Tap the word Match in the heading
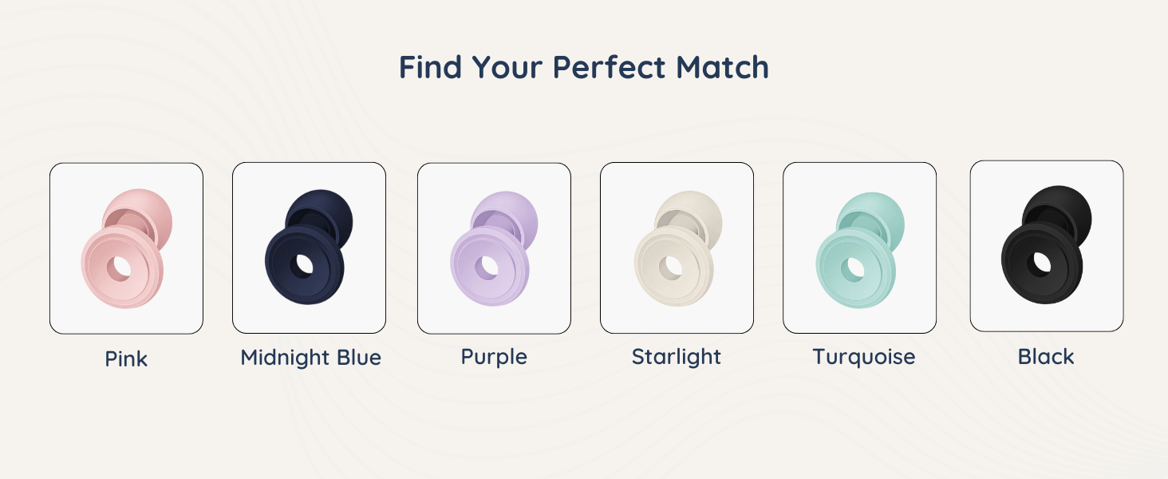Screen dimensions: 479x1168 [723, 68]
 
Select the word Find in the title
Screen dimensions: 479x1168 [431, 68]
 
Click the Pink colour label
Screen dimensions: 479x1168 [126, 358]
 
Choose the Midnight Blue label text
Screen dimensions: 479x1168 [310, 357]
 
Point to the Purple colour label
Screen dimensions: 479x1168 [494, 356]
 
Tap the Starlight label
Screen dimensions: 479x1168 [677, 356]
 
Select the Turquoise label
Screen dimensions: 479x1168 [863, 356]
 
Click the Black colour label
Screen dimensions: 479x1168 [1046, 356]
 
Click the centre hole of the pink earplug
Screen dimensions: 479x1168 [120, 268]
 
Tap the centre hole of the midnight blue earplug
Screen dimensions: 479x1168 [303, 263]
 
